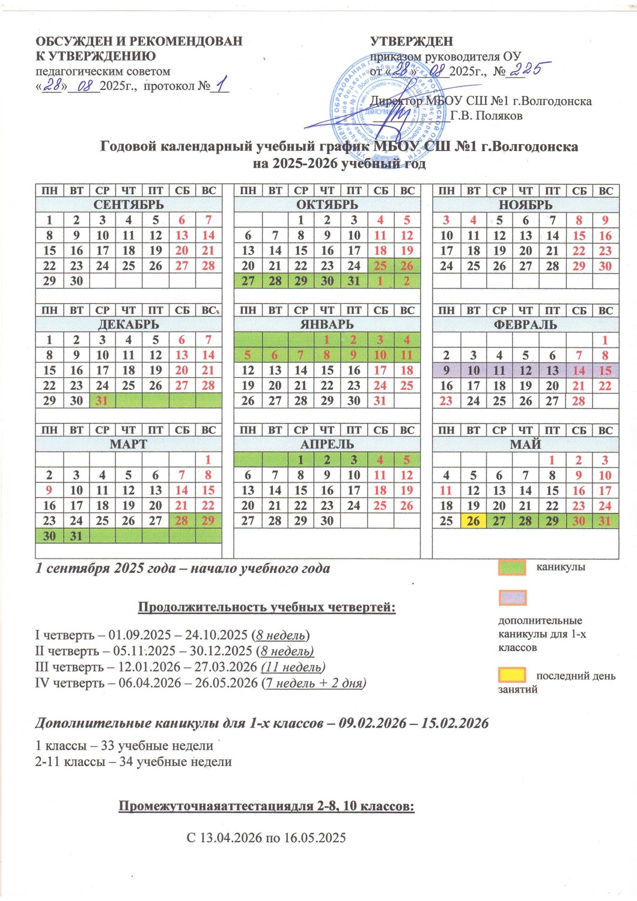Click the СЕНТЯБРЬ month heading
coord(129,205)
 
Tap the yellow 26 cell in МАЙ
coord(473,521)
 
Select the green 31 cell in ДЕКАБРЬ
coord(102,401)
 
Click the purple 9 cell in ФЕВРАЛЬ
coord(446,371)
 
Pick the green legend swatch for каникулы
coord(512,568)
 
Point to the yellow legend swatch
coord(512,675)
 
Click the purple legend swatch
coord(512,598)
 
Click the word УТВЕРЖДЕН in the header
coord(412,41)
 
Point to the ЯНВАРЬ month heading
coord(327,325)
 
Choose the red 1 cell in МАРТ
coord(208,460)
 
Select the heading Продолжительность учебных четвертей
coord(267,607)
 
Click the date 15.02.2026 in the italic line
coord(455,723)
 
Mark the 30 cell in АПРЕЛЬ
coord(327,521)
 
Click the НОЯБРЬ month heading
coord(525,205)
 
